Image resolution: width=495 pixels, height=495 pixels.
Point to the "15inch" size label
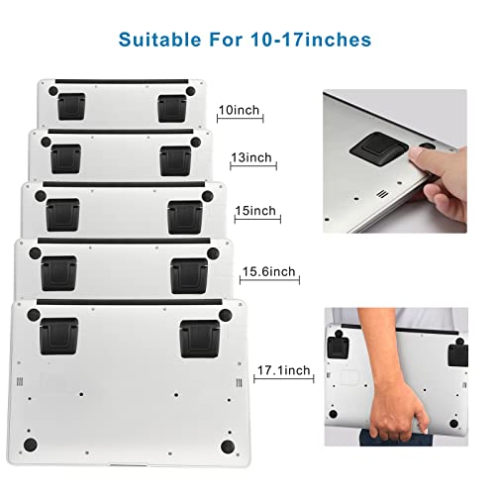255,211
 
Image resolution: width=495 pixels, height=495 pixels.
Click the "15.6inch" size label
267,270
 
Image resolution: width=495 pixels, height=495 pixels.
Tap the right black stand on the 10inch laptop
170,106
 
